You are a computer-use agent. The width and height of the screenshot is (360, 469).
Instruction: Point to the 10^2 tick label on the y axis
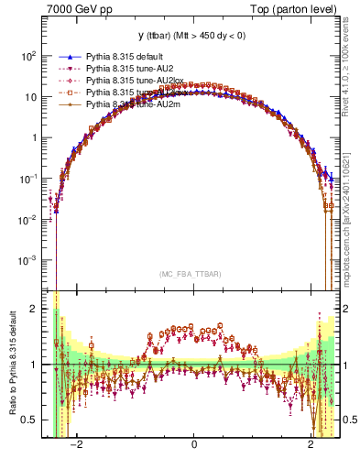[27, 56]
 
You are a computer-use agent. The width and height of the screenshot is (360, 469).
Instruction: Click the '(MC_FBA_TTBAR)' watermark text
[193, 274]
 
